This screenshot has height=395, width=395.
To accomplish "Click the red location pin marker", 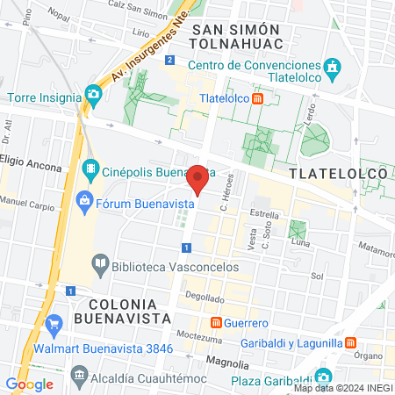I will click(199, 179).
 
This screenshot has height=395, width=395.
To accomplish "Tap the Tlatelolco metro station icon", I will click(257, 99).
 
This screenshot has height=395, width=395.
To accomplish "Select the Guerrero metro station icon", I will click(215, 322).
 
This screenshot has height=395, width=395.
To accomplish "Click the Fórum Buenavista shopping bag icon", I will click(84, 201).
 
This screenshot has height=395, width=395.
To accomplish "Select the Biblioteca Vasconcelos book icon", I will click(100, 262).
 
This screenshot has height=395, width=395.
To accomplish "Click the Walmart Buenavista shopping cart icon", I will click(54, 323).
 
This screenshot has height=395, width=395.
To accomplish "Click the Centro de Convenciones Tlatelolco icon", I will click(332, 67).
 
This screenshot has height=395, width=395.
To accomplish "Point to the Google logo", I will click(30, 384).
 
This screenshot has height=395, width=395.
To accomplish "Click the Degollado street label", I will click(205, 298).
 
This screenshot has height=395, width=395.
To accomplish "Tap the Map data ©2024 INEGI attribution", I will click(343, 388).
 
